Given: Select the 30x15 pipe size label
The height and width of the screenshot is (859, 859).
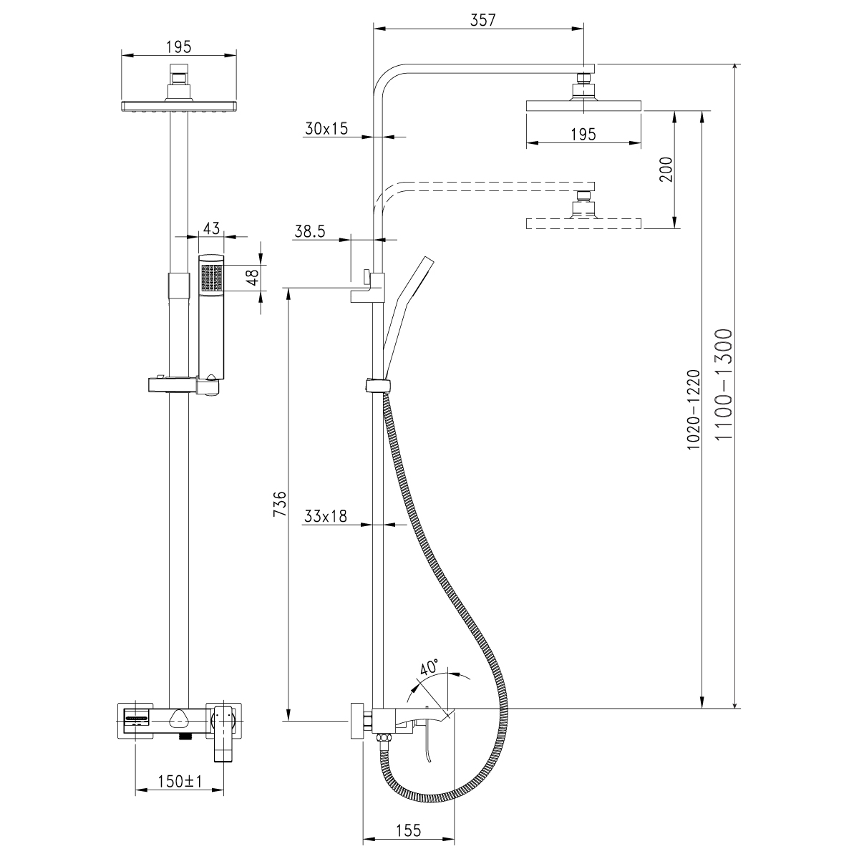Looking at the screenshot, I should click(326, 129).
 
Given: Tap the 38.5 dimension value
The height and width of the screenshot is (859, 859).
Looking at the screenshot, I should click(310, 231).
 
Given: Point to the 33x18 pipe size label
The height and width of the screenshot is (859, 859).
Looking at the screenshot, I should click(326, 516).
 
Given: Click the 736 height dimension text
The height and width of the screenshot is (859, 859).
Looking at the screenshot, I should click(281, 504).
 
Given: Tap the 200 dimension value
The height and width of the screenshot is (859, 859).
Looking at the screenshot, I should click(666, 169).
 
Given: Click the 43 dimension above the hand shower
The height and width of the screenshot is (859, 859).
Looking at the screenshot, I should click(210, 228).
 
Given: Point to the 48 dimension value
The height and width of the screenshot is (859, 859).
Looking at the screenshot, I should click(251, 277).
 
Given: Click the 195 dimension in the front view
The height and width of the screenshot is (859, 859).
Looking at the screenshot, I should click(178, 47).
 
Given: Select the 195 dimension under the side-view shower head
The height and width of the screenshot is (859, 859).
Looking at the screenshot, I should click(583, 135).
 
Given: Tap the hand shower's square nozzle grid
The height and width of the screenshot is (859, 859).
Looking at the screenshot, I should click(211, 276).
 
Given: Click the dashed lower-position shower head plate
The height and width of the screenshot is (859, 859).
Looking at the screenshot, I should click(583, 223).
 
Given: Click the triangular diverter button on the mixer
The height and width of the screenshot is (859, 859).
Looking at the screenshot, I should click(180, 716).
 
